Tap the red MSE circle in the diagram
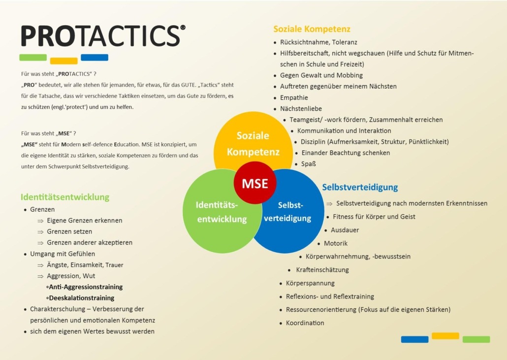click(254, 184)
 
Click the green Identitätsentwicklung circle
click(212, 217)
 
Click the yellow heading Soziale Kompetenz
click(312, 29)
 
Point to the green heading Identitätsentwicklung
click(65, 197)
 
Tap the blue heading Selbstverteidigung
click(360, 187)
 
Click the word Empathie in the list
click(294, 98)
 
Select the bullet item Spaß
click(309, 164)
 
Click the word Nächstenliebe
click(301, 108)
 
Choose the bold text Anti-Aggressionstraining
click(86, 287)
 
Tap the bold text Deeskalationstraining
click(81, 297)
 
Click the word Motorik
click(336, 243)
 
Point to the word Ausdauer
click(345, 230)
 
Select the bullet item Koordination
click(305, 323)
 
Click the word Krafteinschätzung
click(322, 270)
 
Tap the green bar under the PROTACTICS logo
click(33, 57)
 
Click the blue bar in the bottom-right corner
click(414, 339)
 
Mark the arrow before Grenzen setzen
click(41, 231)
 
